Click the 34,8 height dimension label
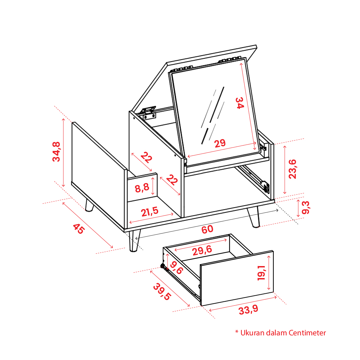pos(57,152)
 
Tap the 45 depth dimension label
pos(79,229)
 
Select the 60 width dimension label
pos(207,229)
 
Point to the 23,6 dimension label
pos(293,169)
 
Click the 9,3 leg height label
pos(306,207)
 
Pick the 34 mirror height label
pos(240,103)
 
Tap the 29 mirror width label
pos(220,144)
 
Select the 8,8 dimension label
pos(142,188)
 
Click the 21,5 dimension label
pos(150,211)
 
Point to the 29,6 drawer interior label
pos(202,250)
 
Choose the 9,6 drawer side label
pos(176,268)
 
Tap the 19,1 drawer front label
pos(261,273)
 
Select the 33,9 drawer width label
pos(248,310)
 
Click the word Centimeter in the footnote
pos(307,333)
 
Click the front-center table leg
pos(134,241)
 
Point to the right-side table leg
pos(254,217)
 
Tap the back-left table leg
pos(89,205)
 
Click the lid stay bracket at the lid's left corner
pos(148,113)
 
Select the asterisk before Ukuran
pos(237,332)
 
